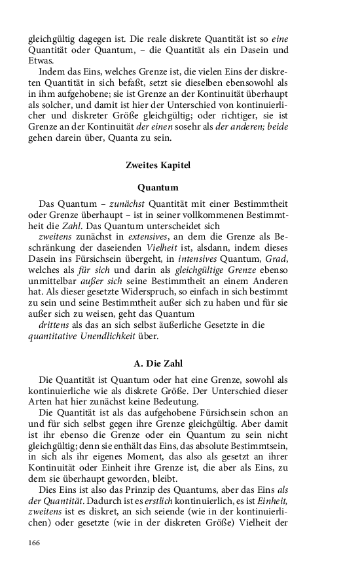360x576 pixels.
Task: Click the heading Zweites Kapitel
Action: tap(158, 166)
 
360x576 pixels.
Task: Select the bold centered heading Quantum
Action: tap(158, 187)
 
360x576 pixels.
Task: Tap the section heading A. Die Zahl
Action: tap(158, 363)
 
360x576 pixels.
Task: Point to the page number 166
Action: tap(35, 543)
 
